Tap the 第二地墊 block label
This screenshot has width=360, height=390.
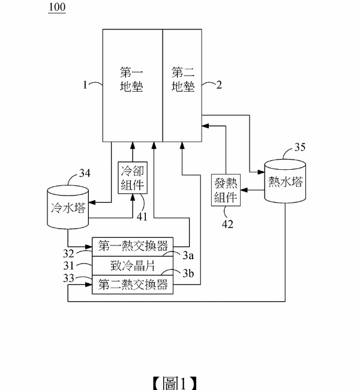point(183,79)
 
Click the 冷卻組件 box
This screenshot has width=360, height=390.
point(133,177)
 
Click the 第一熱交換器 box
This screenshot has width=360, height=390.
point(133,246)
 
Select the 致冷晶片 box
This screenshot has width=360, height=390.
point(133,265)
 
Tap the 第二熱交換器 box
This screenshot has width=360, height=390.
point(133,284)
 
